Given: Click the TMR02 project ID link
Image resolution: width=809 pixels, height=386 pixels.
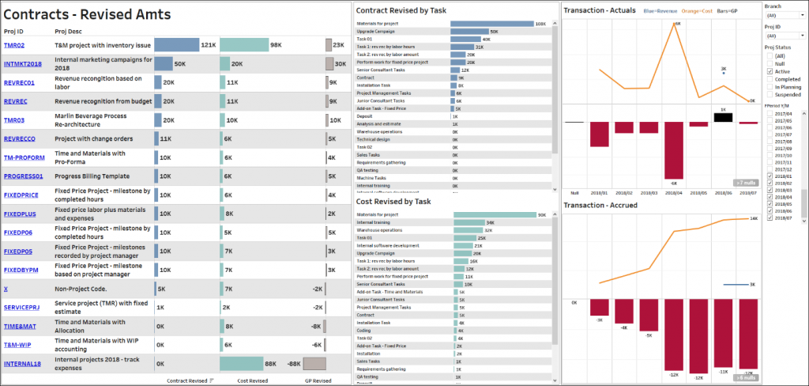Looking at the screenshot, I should (x=14, y=46).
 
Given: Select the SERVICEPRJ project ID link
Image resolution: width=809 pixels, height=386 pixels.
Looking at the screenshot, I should (x=21, y=307).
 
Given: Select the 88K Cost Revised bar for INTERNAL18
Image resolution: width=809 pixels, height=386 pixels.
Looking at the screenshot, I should (x=247, y=363).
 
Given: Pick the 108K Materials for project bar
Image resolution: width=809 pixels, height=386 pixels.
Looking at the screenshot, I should (x=491, y=24).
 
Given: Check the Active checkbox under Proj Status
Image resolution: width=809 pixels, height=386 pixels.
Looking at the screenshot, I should (x=769, y=71).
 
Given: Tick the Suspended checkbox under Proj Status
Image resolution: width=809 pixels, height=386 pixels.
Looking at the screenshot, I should (x=769, y=94).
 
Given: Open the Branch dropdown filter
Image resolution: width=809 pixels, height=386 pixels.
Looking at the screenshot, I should (x=784, y=14).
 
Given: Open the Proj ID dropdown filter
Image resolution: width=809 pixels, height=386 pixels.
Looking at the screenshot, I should (x=784, y=36).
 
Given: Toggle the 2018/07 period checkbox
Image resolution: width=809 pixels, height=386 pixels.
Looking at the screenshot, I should (x=769, y=218).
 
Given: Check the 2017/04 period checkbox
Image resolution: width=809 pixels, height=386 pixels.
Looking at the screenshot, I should (x=769, y=114).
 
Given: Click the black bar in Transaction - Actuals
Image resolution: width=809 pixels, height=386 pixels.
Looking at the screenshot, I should (x=722, y=117).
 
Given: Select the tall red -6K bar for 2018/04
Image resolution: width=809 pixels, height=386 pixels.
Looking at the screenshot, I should (x=674, y=150).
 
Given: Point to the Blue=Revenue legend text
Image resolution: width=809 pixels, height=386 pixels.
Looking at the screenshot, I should (x=660, y=11).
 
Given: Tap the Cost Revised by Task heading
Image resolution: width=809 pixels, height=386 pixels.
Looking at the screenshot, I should (x=394, y=202).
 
